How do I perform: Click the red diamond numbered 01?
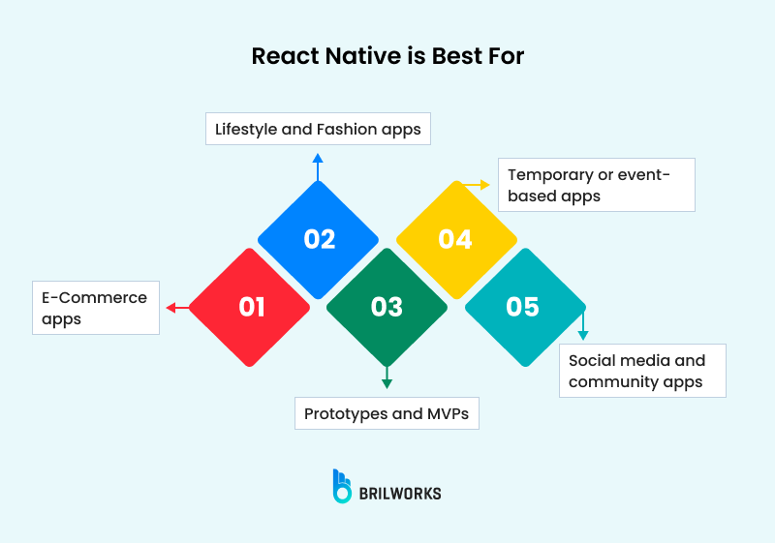point(250,308)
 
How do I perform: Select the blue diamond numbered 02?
point(319,239)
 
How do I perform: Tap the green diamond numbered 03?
point(387,308)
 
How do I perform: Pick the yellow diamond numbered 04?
point(455,239)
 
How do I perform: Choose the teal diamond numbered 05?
point(523,308)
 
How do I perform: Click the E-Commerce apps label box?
point(96,308)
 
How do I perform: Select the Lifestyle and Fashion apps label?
point(318,129)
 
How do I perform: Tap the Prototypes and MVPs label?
point(387,413)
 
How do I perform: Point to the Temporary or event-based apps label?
point(596,185)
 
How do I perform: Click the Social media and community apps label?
point(642,371)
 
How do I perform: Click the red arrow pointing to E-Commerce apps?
point(176,308)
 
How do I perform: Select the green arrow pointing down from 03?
point(387,377)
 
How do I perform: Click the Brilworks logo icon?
point(342,486)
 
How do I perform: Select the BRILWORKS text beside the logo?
point(400,494)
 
